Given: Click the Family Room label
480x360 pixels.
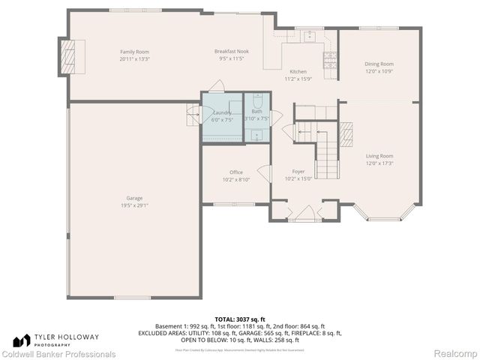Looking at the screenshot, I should click(x=135, y=52).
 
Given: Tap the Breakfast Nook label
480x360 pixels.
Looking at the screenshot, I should click(x=232, y=52).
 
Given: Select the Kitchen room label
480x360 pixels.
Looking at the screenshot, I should click(x=298, y=72).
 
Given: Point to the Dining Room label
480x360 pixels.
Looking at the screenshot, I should click(x=379, y=64).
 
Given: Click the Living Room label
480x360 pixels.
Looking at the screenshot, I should click(x=379, y=157).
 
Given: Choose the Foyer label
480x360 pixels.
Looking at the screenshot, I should click(x=298, y=172).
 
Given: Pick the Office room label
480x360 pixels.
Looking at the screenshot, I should click(x=236, y=172).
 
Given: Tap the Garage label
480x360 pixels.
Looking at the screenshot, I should click(x=134, y=198).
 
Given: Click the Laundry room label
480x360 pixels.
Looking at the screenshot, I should click(x=222, y=112).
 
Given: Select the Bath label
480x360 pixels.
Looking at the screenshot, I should click(x=256, y=112).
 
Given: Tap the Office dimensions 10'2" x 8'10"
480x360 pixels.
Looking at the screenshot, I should click(x=236, y=179).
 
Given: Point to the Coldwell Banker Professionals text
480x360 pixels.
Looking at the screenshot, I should click(x=58, y=354).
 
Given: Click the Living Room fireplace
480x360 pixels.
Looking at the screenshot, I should click(x=346, y=134).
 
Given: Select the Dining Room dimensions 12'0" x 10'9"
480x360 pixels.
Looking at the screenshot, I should click(x=379, y=72).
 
